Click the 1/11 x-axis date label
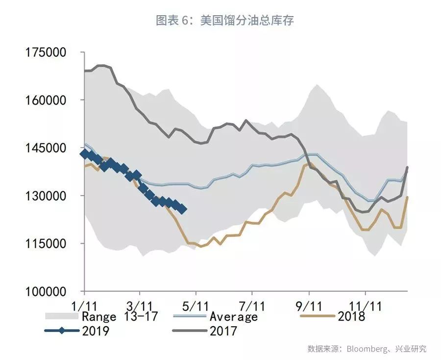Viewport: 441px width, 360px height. click(x=84, y=305)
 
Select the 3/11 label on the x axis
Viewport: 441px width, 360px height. click(x=141, y=305)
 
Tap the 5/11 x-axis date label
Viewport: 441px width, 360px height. click(x=196, y=305)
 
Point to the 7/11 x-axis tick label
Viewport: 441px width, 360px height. click(x=252, y=305)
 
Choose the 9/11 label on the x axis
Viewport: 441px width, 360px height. click(x=309, y=305)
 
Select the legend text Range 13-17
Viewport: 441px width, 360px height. click(x=120, y=316)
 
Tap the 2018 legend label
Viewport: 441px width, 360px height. click(x=351, y=316)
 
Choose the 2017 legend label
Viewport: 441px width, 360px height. click(x=223, y=331)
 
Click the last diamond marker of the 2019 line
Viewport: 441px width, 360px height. click(x=182, y=209)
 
